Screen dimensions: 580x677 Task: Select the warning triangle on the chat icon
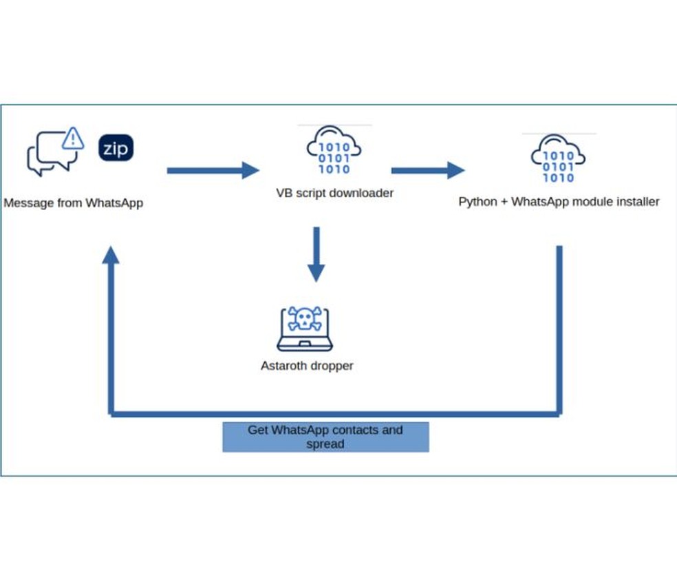pos(72,139)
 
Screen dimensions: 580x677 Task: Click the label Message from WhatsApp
pos(74,203)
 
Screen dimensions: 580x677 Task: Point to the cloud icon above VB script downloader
pos(334,151)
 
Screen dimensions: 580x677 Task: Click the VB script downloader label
pos(335,193)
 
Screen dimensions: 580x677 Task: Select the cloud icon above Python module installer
pos(558,159)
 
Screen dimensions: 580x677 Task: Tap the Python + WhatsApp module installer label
pos(559,202)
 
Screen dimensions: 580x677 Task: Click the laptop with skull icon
pos(305,329)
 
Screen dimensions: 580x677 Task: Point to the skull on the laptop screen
pos(305,318)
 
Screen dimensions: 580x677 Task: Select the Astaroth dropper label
pos(307,366)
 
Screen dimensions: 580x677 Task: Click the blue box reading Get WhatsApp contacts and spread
pos(325,437)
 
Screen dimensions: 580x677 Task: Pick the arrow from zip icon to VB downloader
pos(213,170)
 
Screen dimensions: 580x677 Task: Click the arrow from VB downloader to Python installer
pos(427,170)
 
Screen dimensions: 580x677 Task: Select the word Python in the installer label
pos(477,202)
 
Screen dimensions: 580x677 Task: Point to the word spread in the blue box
pos(325,444)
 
